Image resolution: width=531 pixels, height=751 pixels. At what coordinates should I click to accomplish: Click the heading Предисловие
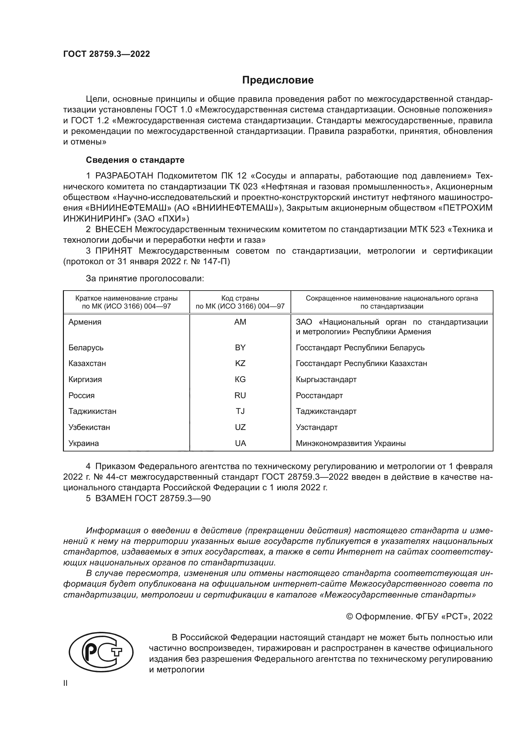[278, 80]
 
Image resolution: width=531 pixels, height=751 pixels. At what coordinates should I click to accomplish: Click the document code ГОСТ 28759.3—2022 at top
[106, 54]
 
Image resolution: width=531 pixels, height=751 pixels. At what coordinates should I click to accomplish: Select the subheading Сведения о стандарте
[135, 160]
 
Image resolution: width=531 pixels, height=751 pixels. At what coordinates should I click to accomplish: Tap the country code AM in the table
[240, 322]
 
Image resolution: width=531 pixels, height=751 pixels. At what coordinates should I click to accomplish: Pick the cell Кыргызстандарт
[326, 380]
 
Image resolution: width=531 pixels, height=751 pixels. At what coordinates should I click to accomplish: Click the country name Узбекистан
[89, 427]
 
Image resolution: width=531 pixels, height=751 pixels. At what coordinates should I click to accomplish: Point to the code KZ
[240, 363]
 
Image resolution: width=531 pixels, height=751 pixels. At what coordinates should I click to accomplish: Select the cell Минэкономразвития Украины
[351, 443]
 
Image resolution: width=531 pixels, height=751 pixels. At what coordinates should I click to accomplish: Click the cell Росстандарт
[319, 396]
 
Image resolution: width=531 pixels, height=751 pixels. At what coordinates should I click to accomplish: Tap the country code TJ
[240, 411]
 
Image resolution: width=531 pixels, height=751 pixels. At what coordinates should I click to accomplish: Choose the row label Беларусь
[86, 347]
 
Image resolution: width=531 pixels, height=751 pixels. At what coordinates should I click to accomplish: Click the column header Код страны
[240, 298]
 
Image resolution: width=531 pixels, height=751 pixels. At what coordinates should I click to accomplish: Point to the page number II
[65, 683]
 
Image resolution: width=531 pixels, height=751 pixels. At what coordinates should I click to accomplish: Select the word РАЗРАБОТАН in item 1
[124, 176]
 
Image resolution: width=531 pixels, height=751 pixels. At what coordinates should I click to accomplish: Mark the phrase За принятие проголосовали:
[145, 278]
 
